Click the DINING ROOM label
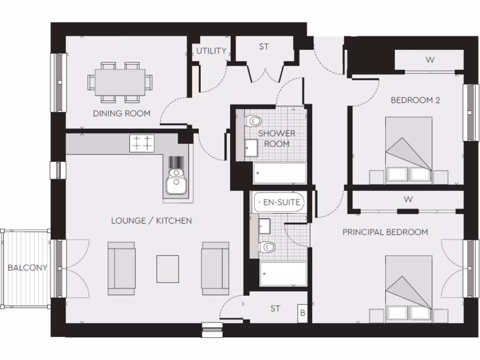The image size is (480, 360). (121, 113)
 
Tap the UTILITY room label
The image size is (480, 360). (211, 51)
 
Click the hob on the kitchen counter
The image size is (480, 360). (142, 143)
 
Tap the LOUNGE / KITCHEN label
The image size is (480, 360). (151, 220)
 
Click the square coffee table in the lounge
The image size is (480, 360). (167, 269)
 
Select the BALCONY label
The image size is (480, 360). (27, 268)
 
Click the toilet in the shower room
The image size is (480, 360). (253, 121)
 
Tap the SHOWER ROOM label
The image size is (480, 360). (277, 138)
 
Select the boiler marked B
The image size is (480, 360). (302, 313)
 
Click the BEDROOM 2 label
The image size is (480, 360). (415, 100)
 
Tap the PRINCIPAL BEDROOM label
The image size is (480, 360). (385, 232)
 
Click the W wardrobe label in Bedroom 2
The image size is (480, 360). (429, 60)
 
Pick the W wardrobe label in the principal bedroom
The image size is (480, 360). (408, 199)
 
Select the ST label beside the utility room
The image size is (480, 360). (264, 47)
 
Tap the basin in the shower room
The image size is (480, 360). (250, 149)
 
